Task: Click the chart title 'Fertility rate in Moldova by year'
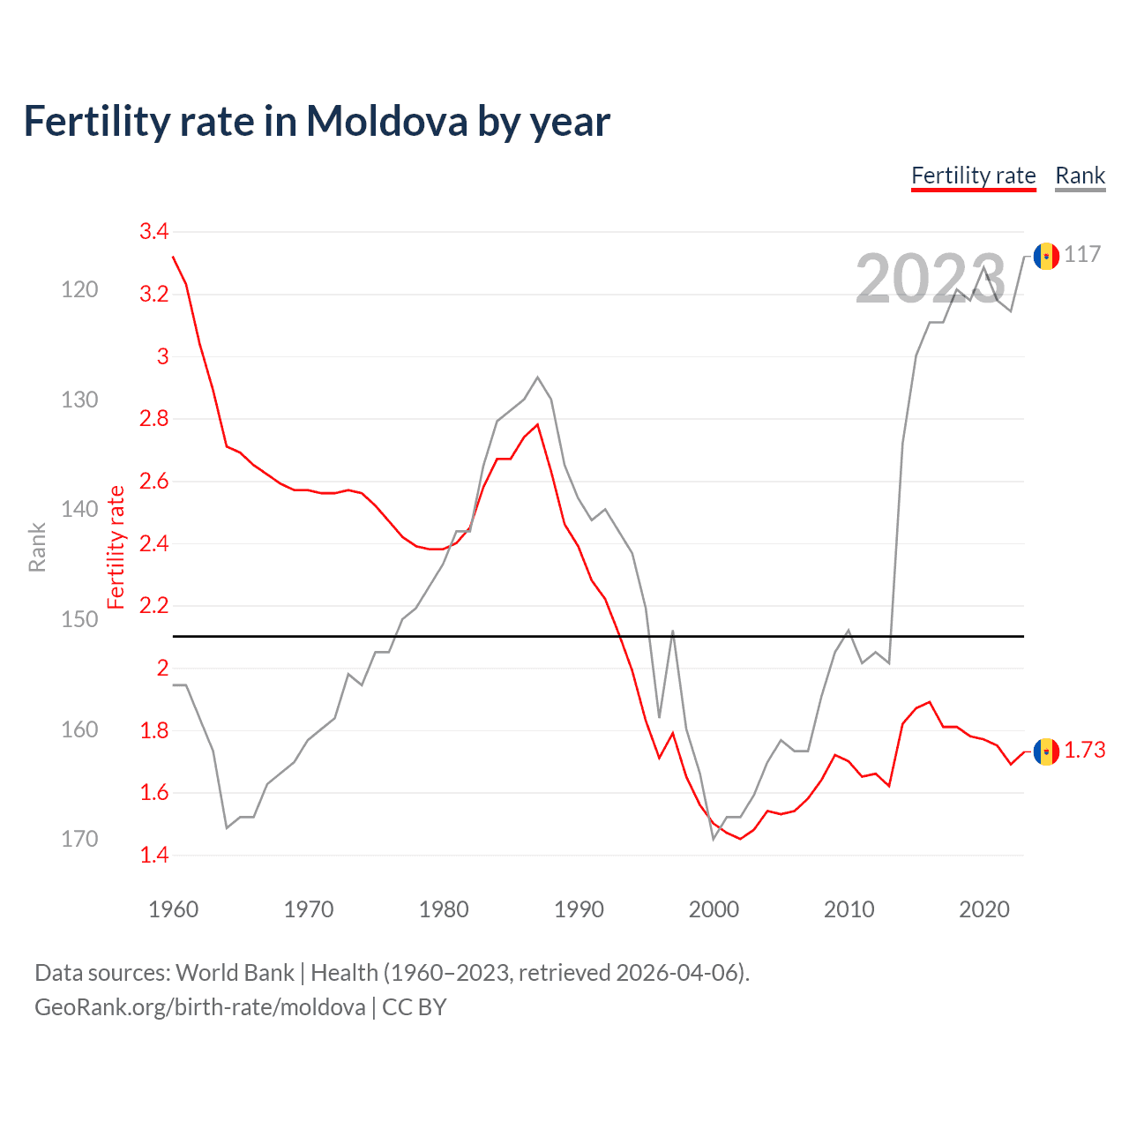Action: coord(317,122)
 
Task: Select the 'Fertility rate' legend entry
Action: coord(973,176)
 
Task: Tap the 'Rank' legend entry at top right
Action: coord(1080,176)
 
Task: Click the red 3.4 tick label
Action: coord(153,232)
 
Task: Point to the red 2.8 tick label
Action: coord(153,419)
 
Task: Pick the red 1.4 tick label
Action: coord(153,855)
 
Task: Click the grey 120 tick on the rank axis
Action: coord(79,290)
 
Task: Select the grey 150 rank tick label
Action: coord(79,620)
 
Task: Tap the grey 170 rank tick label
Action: coord(79,839)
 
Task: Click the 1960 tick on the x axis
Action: coord(174,909)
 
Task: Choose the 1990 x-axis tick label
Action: coord(579,909)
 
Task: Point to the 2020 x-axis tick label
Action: coord(983,909)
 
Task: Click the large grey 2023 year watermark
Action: coord(930,279)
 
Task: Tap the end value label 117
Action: coord(1082,255)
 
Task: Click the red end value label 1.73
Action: coord(1084,751)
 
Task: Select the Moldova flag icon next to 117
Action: coord(1046,256)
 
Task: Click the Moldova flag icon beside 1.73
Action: coord(1046,751)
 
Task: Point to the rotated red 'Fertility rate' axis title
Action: coord(116,548)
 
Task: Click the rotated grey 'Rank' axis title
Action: coord(37,548)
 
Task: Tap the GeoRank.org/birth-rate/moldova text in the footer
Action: coord(200,1007)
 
